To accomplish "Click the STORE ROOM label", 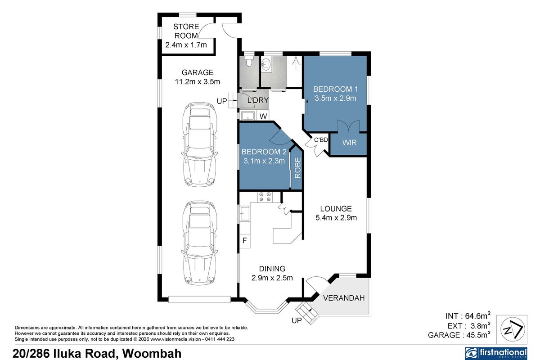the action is pyautogui.click(x=186, y=31).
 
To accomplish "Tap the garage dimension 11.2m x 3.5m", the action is pyautogui.click(x=198, y=82).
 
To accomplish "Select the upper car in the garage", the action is pyautogui.click(x=199, y=144).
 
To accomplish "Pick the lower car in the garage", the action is pyautogui.click(x=199, y=243).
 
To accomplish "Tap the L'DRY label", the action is pyautogui.click(x=258, y=100).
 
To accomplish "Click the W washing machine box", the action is pyautogui.click(x=263, y=116).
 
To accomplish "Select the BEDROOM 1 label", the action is pyautogui.click(x=336, y=89).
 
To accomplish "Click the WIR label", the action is pyautogui.click(x=349, y=143).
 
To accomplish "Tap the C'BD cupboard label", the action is pyautogui.click(x=321, y=140).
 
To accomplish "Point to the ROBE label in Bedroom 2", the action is pyautogui.click(x=298, y=168).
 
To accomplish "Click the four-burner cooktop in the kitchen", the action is pyautogui.click(x=265, y=197).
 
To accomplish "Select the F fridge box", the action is pyautogui.click(x=245, y=240).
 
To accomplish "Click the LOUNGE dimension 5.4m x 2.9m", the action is pyautogui.click(x=336, y=218).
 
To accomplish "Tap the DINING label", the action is pyautogui.click(x=272, y=269).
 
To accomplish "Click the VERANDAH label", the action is pyautogui.click(x=344, y=298).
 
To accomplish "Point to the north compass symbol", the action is pyautogui.click(x=513, y=329).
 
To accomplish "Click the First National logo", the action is pyautogui.click(x=496, y=354).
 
